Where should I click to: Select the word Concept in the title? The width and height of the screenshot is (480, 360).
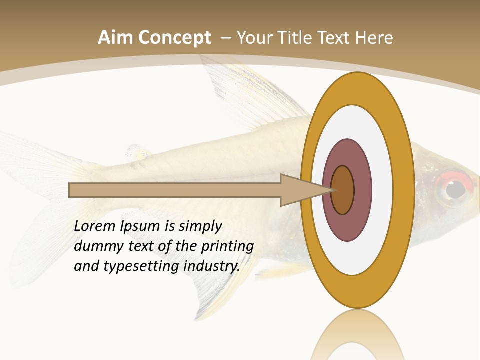pos(174,38)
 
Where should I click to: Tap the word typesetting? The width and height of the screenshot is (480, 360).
pos(141,267)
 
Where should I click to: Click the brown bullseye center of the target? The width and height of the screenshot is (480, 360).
pos(343,190)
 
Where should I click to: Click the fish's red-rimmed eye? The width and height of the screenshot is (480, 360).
pos(454,189)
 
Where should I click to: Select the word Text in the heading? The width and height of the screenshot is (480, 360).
pos(336,38)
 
